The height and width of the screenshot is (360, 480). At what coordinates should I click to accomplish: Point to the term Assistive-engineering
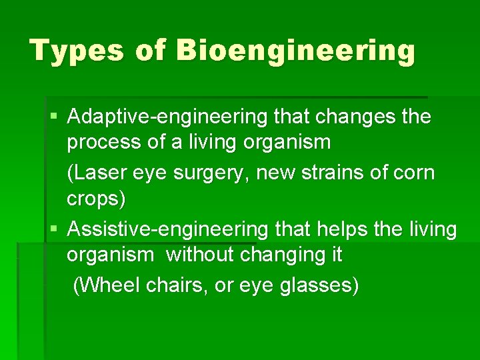(x=167, y=229)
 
